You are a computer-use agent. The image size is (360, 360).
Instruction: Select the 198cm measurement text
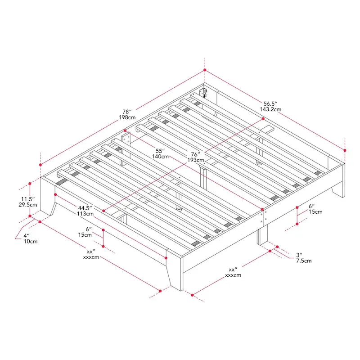(127, 117)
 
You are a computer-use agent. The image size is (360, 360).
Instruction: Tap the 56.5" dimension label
(270, 103)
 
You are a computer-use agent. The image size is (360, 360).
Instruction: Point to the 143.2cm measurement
(270, 109)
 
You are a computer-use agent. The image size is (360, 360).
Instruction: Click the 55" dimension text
(160, 150)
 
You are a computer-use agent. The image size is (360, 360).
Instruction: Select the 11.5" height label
(27, 198)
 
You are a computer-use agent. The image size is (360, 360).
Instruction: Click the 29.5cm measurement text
(27, 205)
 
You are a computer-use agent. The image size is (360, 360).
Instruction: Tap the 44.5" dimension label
(85, 207)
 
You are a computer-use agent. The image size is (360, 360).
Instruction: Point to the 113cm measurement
(85, 214)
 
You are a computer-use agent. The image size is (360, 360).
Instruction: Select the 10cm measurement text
(30, 242)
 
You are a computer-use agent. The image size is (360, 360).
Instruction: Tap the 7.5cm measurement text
(303, 261)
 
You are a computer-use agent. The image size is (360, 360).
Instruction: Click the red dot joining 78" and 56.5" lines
(205, 70)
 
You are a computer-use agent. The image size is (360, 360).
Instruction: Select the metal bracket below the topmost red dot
(204, 93)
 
